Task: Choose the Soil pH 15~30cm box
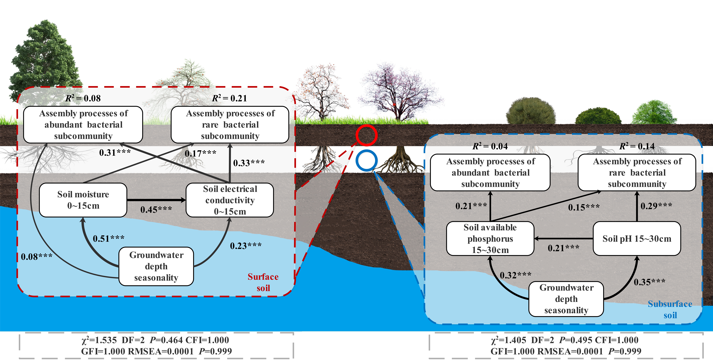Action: click(637, 239)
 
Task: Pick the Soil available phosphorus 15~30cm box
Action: click(490, 239)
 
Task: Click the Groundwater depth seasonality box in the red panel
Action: click(156, 266)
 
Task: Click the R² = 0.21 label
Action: click(229, 98)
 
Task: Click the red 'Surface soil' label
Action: click(263, 282)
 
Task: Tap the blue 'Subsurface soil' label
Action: click(670, 309)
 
